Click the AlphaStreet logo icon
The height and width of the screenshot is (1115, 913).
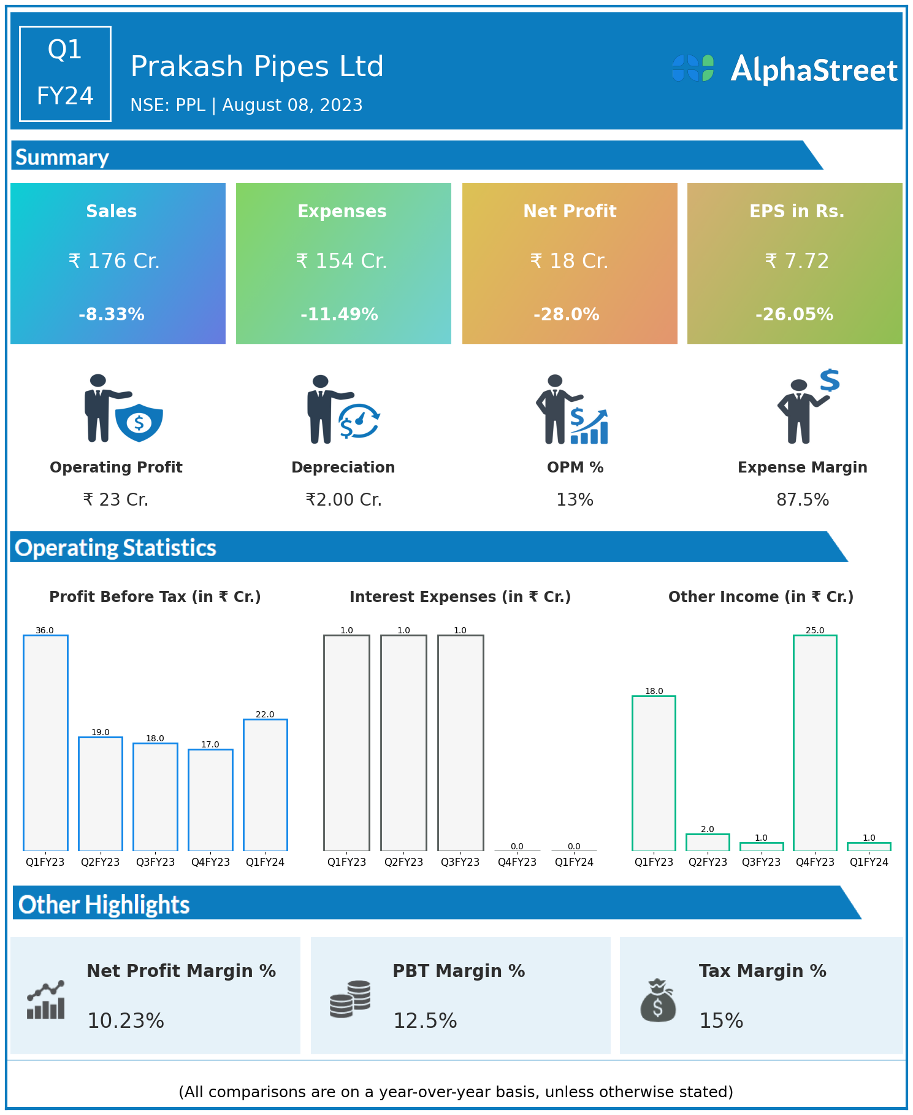coord(693,68)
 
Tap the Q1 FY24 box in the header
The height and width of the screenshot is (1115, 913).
coord(65,74)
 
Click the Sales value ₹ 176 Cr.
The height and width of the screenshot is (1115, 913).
coord(114,261)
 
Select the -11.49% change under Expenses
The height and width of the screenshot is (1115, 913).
coord(339,315)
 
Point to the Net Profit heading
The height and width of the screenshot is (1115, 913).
coord(570,211)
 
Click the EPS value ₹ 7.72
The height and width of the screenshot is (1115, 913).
coord(796,261)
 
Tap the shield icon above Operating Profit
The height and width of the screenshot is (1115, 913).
coord(139,422)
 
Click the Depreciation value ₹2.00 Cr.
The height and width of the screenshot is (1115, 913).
coord(343,500)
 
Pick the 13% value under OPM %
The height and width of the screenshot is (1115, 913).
coord(575,500)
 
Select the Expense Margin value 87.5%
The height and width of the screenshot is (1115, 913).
coord(803,500)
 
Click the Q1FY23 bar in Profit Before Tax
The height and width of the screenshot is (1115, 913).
coord(45,743)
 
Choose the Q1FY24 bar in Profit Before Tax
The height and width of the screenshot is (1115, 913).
coord(265,785)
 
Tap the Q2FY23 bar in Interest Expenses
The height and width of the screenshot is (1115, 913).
coord(403,743)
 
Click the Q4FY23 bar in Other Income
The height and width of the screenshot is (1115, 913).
coord(815,743)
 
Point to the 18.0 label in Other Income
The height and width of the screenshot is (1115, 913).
coord(654,691)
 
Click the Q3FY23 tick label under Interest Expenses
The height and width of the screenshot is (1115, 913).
coord(460,862)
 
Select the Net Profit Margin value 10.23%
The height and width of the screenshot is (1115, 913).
coord(126,1021)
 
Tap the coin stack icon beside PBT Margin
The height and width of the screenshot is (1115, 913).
coord(350,999)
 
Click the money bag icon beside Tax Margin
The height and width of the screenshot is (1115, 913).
coord(658,1000)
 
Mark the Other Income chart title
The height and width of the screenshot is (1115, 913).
coord(761,597)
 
